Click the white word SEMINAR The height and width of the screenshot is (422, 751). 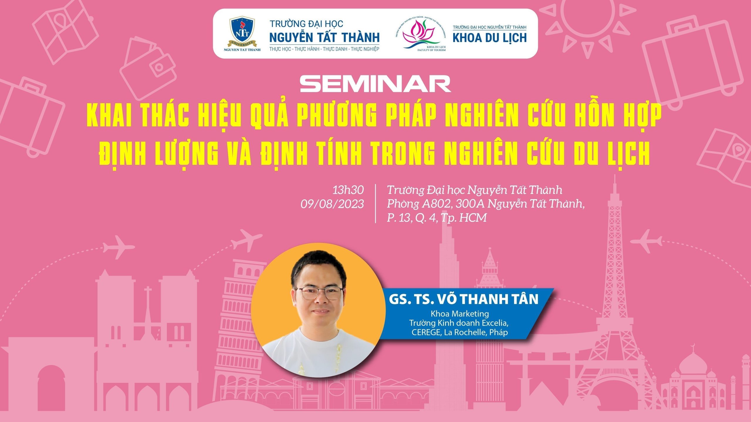pyautogui.click(x=375, y=84)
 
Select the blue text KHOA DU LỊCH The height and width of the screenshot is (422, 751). pyautogui.click(x=490, y=38)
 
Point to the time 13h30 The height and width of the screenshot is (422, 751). pyautogui.click(x=348, y=190)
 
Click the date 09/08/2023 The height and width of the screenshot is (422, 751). pyautogui.click(x=332, y=204)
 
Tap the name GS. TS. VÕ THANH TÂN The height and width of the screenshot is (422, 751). pyautogui.click(x=464, y=299)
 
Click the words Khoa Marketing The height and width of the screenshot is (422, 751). pyautogui.click(x=460, y=314)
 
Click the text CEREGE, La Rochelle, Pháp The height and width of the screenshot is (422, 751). pyautogui.click(x=460, y=332)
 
